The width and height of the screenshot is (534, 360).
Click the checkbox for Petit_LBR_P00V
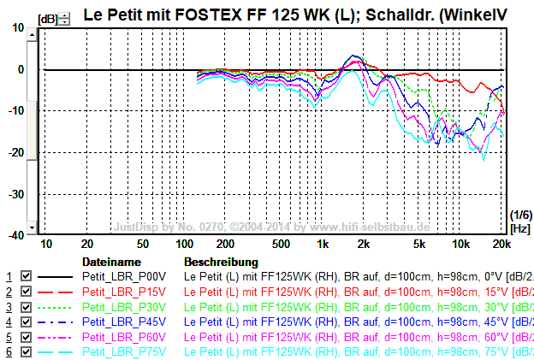(x=26, y=277)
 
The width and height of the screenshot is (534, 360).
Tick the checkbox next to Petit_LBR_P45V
(x=26, y=322)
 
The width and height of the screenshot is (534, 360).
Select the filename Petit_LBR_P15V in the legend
(x=124, y=292)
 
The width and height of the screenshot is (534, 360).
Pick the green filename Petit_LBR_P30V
(x=124, y=307)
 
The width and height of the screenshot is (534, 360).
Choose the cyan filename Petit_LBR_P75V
(x=124, y=352)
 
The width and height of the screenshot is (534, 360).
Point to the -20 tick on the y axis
(x=18, y=152)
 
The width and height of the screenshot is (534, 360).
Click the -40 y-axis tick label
(x=18, y=235)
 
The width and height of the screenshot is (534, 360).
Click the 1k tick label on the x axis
(x=323, y=245)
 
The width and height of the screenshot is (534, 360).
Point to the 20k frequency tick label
(x=501, y=245)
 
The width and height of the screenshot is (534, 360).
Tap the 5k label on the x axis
(x=419, y=245)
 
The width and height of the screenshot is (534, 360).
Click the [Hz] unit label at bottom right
(x=519, y=227)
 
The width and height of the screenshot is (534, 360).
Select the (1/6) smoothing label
(x=519, y=215)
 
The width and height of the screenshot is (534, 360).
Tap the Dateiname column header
(x=110, y=262)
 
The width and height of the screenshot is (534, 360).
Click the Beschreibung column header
(x=221, y=262)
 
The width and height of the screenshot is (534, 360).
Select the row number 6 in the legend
(x=9, y=352)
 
